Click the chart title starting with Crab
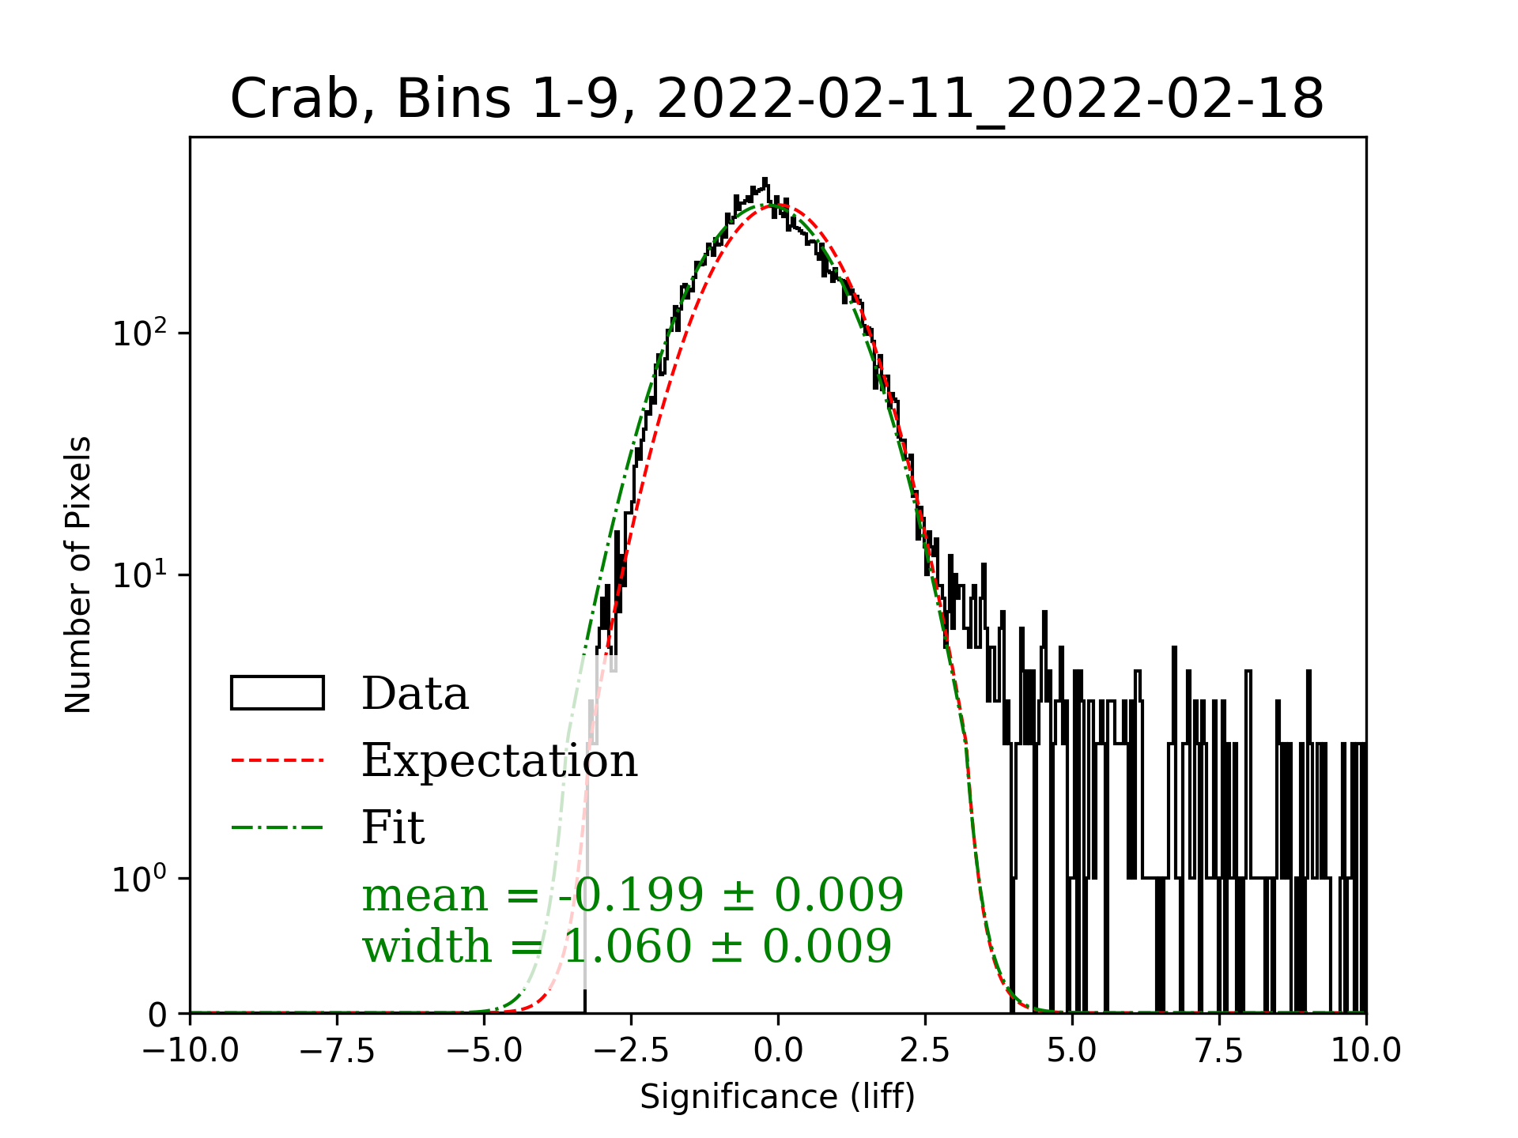point(776,100)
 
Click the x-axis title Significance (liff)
point(777,1097)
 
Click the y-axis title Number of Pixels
point(78,575)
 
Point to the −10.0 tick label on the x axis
point(191,1052)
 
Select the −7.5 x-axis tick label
point(337,1052)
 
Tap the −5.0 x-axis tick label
point(484,1052)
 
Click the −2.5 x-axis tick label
point(631,1052)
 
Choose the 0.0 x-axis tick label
point(778,1052)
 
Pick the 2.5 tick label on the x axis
point(925,1052)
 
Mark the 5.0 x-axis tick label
point(1072,1052)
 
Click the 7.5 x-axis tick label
point(1219,1052)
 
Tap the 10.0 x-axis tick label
point(1365,1052)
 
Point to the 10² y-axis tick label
point(140,333)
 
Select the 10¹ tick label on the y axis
point(140,575)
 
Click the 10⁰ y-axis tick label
point(140,879)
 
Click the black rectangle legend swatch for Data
point(277,693)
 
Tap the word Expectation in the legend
point(499,760)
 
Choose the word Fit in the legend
point(393,827)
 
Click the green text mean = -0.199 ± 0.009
point(632,895)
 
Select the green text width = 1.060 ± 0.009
point(626,946)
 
